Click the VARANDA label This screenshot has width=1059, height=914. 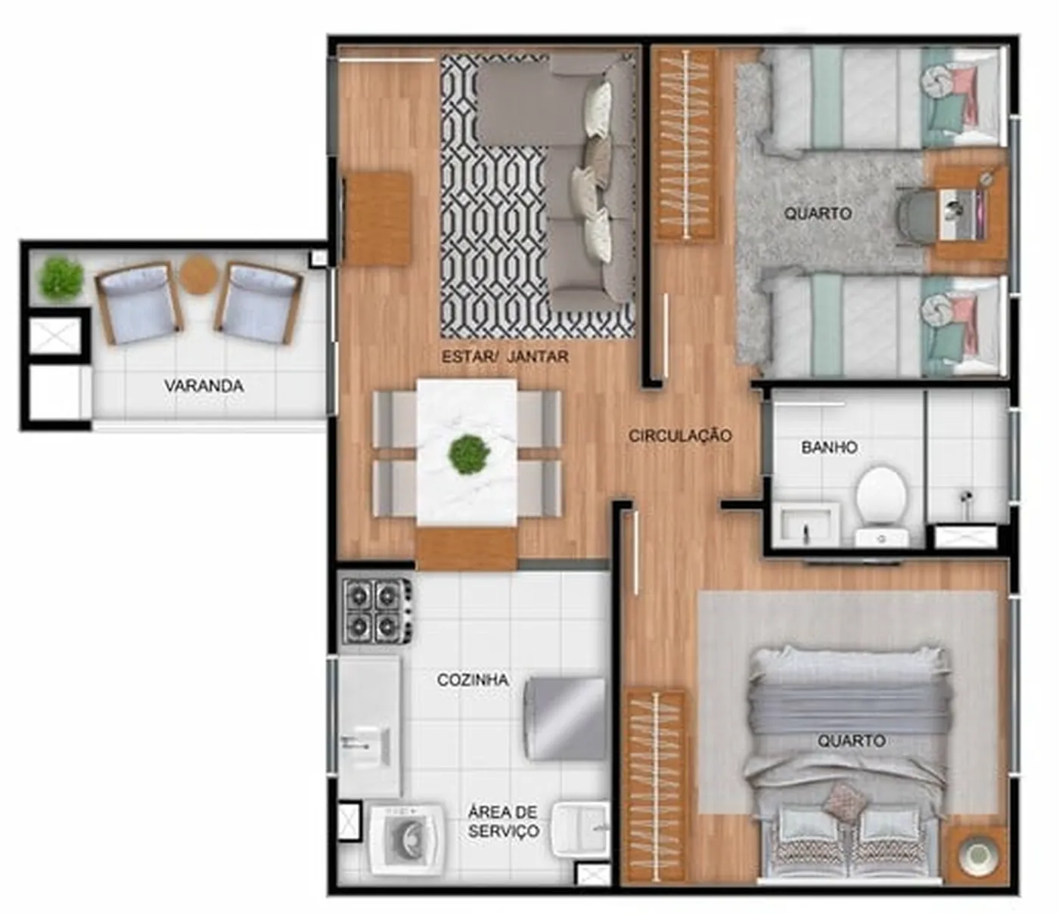click(204, 386)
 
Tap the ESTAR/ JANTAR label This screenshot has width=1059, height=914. click(505, 356)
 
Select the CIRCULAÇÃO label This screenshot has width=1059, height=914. click(680, 435)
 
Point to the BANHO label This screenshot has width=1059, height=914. click(829, 448)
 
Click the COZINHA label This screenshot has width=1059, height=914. click(472, 680)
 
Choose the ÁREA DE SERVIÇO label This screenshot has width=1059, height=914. click(504, 821)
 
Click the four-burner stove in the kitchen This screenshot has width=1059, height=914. click(377, 610)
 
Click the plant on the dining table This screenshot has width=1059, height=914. click(469, 454)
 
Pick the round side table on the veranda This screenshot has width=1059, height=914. click(199, 275)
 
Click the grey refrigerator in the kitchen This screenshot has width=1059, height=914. click(565, 719)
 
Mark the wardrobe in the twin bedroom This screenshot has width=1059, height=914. click(685, 144)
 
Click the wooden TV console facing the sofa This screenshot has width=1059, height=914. click(378, 218)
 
